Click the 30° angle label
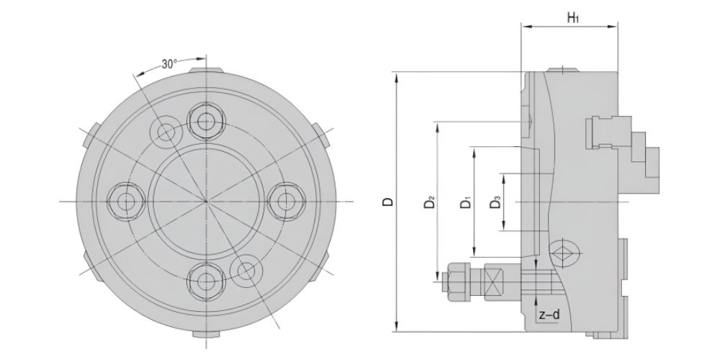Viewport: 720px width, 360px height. coord(169,64)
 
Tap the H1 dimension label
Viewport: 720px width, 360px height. coord(573,18)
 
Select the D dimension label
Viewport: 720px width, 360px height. coord(389,202)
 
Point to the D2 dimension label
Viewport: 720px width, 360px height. coord(429,202)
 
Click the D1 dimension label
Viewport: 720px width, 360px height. coord(466,202)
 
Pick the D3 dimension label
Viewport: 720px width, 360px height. coord(495,202)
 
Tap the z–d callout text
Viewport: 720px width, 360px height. coord(549,315)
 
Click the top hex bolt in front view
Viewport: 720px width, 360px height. coord(206,122)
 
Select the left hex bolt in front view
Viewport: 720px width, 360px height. coord(126,201)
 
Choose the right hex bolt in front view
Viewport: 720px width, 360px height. coord(287,201)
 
